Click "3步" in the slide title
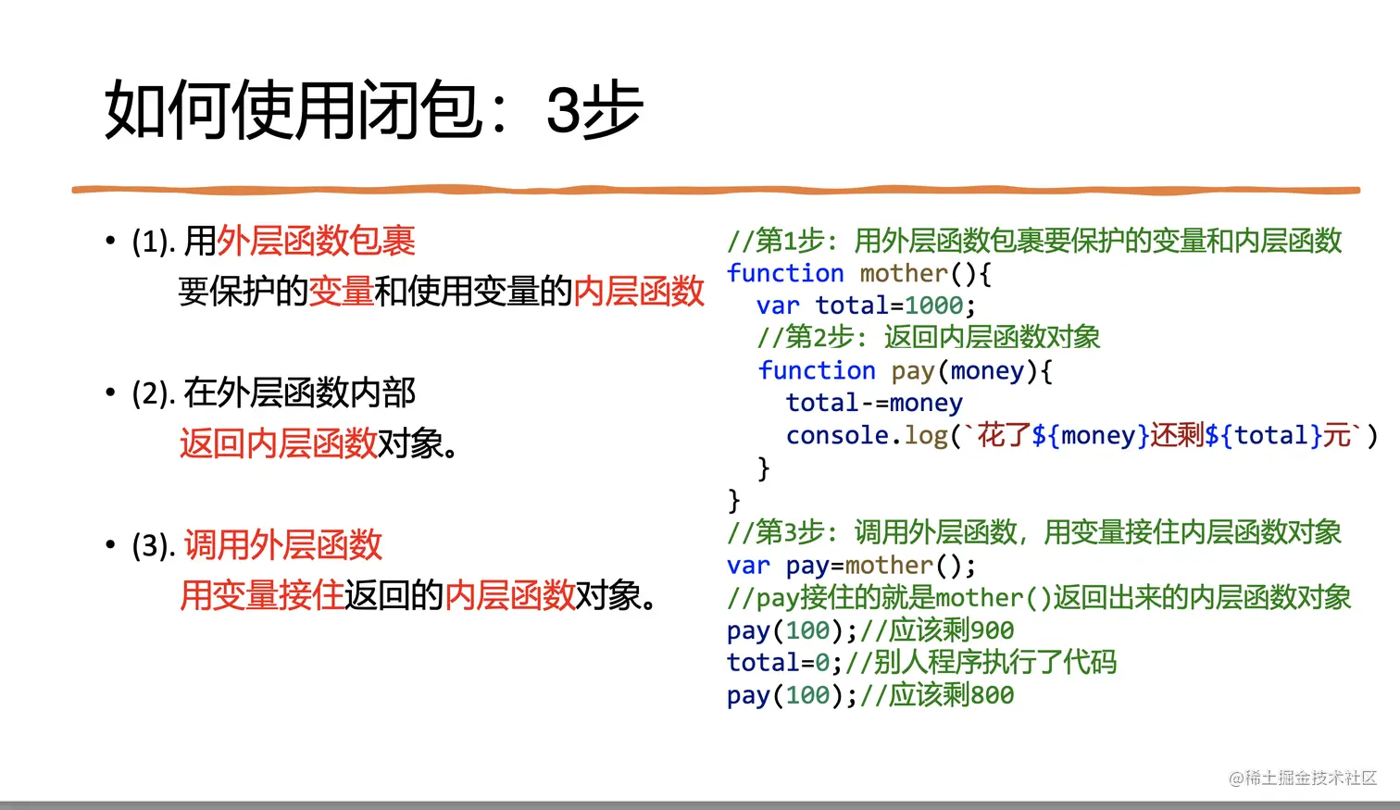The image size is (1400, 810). pyautogui.click(x=594, y=111)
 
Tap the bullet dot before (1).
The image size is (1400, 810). pyautogui.click(x=110, y=242)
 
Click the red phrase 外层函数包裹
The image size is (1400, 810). pyautogui.click(x=316, y=242)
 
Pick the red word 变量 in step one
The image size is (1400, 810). pyautogui.click(x=341, y=292)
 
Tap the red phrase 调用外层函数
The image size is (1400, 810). pyautogui.click(x=282, y=545)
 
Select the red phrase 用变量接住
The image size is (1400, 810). pyautogui.click(x=261, y=595)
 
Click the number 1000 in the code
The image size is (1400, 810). pyautogui.click(x=933, y=305)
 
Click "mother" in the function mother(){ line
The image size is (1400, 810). pyautogui.click(x=904, y=273)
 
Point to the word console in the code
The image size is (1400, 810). pyautogui.click(x=837, y=435)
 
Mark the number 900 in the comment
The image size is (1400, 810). pyautogui.click(x=992, y=630)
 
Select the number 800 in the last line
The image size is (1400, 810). pyautogui.click(x=992, y=695)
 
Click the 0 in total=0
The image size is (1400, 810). pyautogui.click(x=822, y=663)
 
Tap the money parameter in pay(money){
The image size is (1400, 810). pyautogui.click(x=987, y=370)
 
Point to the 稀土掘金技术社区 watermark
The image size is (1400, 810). pyautogui.click(x=1303, y=778)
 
